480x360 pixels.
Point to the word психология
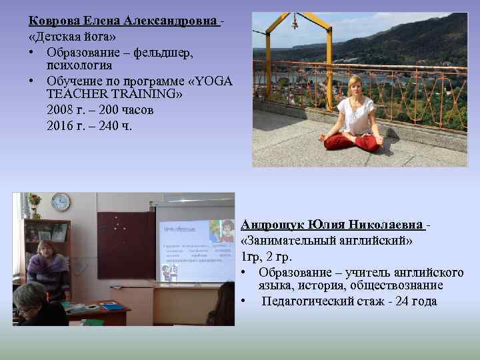tap(79, 65)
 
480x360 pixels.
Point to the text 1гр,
tap(251, 256)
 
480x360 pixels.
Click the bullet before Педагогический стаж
tap(245, 301)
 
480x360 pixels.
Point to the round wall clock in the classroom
tap(61, 201)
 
